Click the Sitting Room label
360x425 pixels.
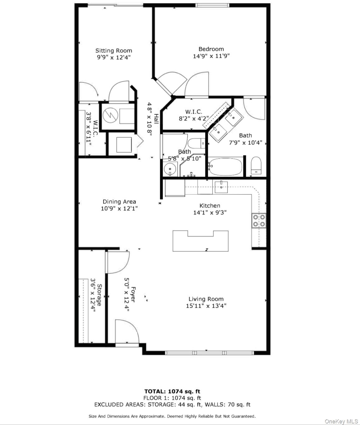(113, 51)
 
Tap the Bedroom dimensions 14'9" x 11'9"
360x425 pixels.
(211, 56)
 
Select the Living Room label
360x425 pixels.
(206, 299)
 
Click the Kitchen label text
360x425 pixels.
(209, 206)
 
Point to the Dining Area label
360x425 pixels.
(119, 202)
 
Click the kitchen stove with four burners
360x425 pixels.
(259, 221)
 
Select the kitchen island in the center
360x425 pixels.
(200, 241)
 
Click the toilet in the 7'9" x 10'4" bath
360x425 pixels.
(256, 165)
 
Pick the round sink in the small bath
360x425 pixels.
(170, 169)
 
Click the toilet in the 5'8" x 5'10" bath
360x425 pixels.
(196, 143)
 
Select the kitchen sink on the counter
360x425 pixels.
(221, 187)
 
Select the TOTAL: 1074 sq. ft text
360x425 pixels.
(172, 391)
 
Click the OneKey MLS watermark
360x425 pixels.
(341, 422)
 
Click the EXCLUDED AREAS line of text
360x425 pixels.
(172, 405)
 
